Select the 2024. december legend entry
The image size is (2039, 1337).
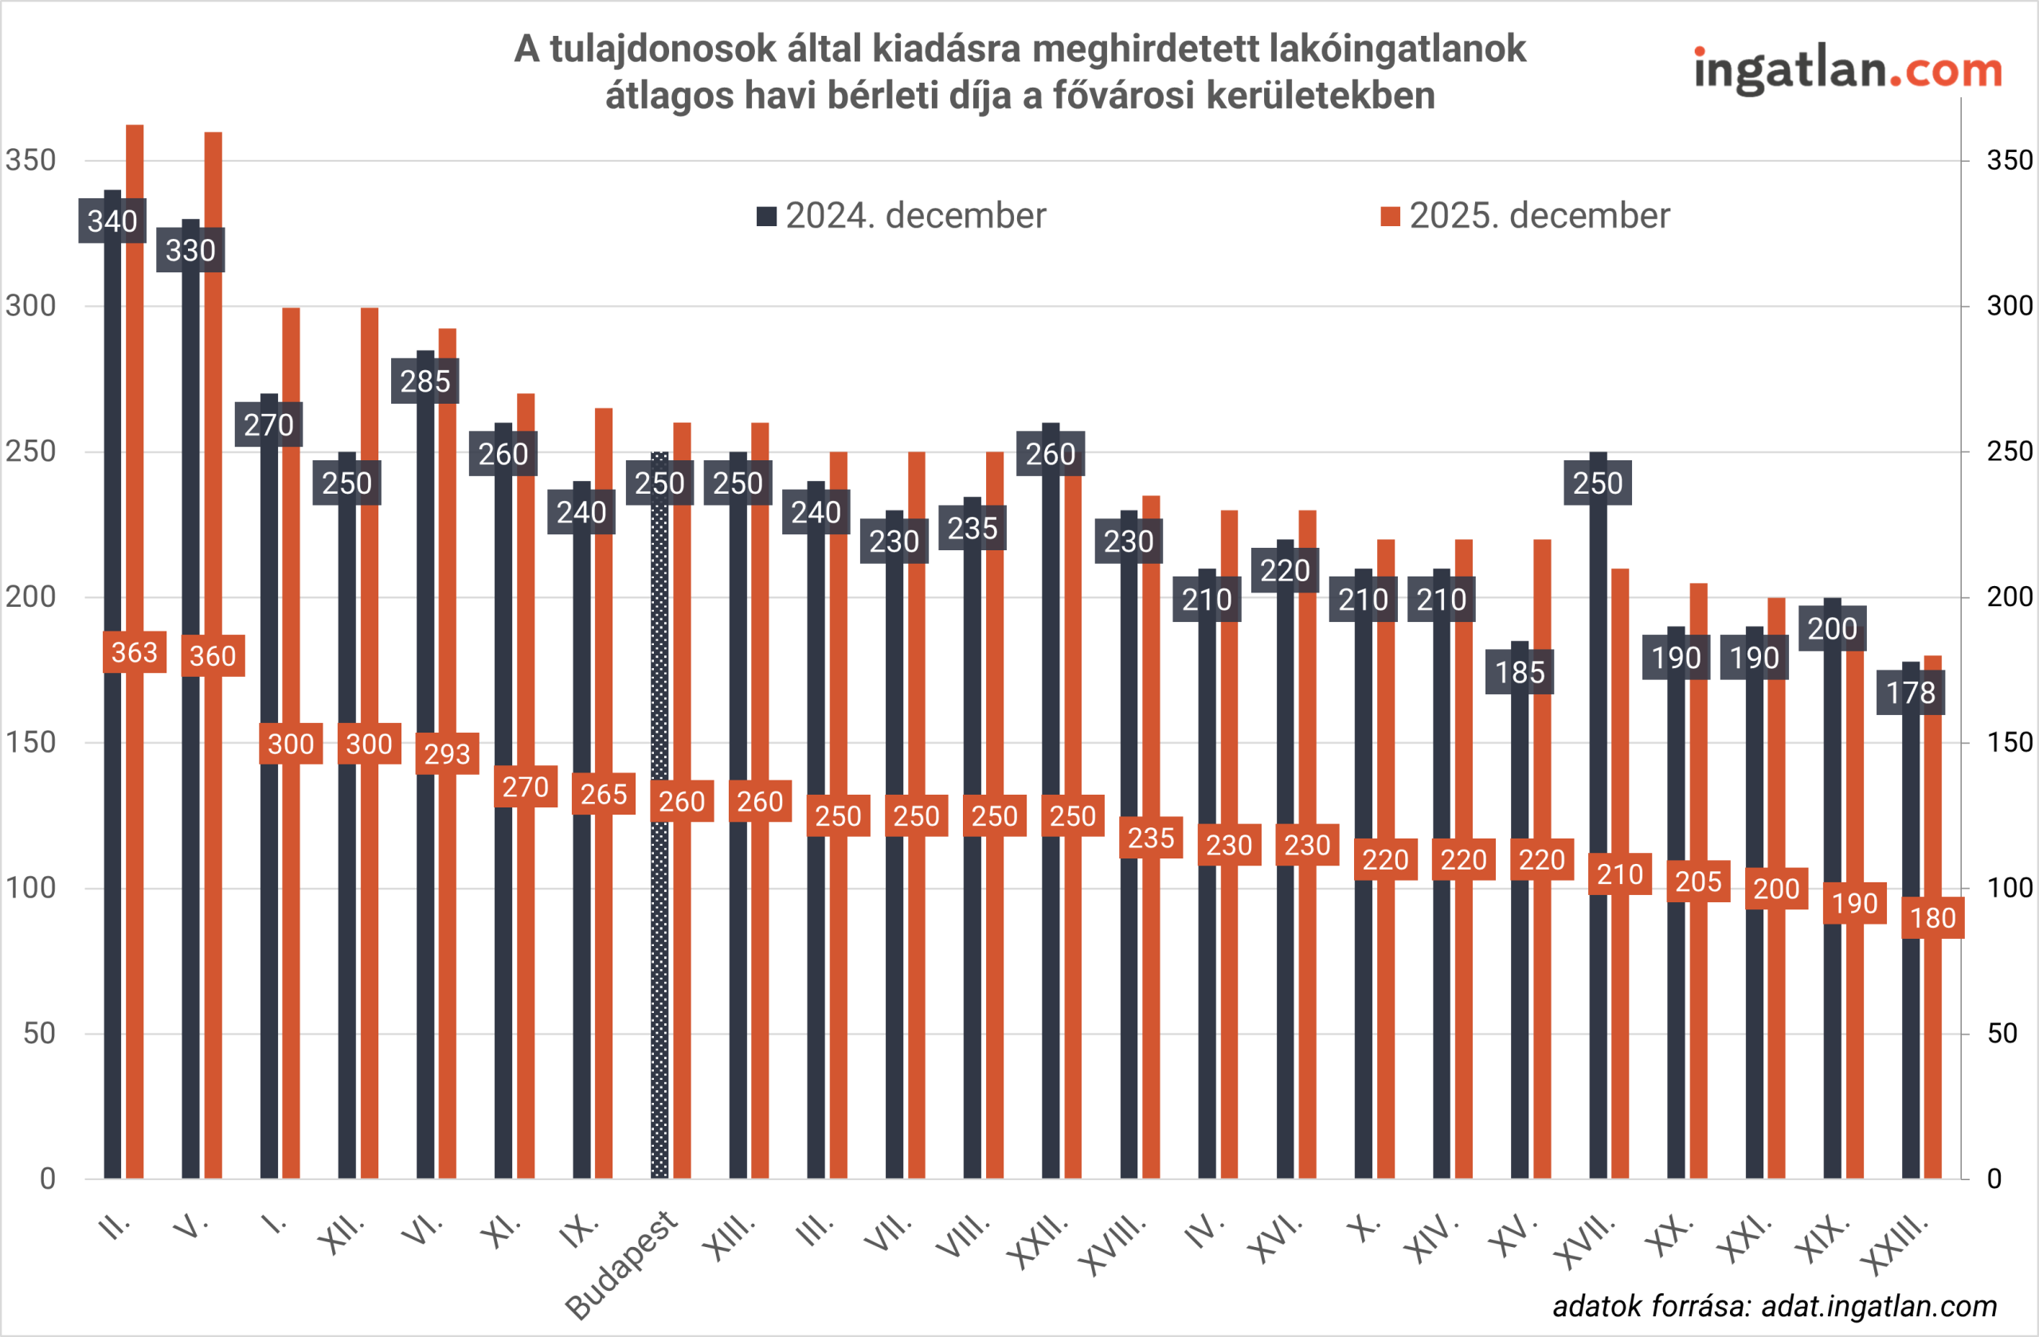point(902,216)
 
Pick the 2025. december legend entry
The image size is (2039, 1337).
point(1525,216)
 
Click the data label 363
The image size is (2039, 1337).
point(135,653)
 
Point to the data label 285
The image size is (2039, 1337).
point(425,381)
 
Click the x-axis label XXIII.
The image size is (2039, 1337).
point(1895,1245)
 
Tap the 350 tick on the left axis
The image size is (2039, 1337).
point(30,160)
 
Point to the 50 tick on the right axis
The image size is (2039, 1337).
point(2002,1034)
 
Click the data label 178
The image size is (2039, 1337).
point(1911,693)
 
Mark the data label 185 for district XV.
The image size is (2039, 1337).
point(1520,672)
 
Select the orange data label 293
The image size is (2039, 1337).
point(447,754)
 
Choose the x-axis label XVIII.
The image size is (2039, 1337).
point(1112,1244)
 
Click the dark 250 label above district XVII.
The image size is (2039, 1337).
point(1598,483)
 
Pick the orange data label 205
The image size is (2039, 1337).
point(1698,882)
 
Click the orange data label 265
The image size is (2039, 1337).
point(604,794)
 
